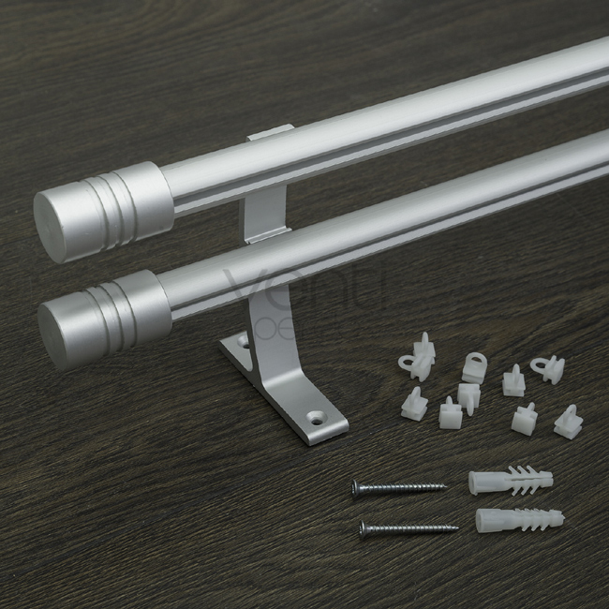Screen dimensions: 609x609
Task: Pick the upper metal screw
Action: [398, 487]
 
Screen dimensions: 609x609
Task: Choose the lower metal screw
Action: [408, 529]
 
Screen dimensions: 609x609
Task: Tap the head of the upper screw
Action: [356, 486]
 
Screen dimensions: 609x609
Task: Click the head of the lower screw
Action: [364, 529]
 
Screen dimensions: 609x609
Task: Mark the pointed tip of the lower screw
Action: [456, 527]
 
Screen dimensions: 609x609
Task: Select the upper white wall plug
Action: [511, 480]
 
